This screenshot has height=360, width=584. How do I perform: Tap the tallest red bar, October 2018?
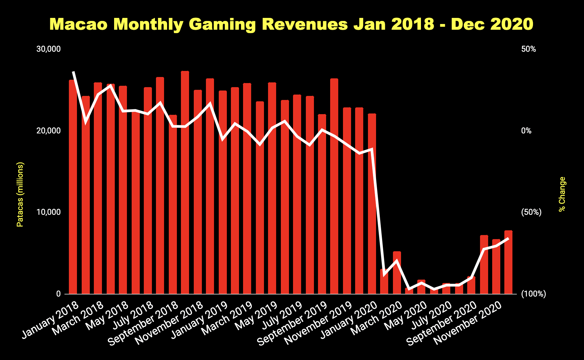185,182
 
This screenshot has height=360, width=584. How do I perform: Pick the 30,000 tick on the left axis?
49,49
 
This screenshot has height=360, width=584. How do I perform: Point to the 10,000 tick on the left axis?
49,212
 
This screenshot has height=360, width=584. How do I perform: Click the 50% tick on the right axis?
529,49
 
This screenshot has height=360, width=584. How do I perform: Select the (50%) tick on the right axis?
531,212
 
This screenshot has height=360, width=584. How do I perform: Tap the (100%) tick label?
533,294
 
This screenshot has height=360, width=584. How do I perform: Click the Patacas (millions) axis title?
20,195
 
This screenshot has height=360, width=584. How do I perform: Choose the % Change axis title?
562,195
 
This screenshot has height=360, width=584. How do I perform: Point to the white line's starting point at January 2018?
73,72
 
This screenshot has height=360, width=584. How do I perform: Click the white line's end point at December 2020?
508,239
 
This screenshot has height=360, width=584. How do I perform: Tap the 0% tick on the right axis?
527,131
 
